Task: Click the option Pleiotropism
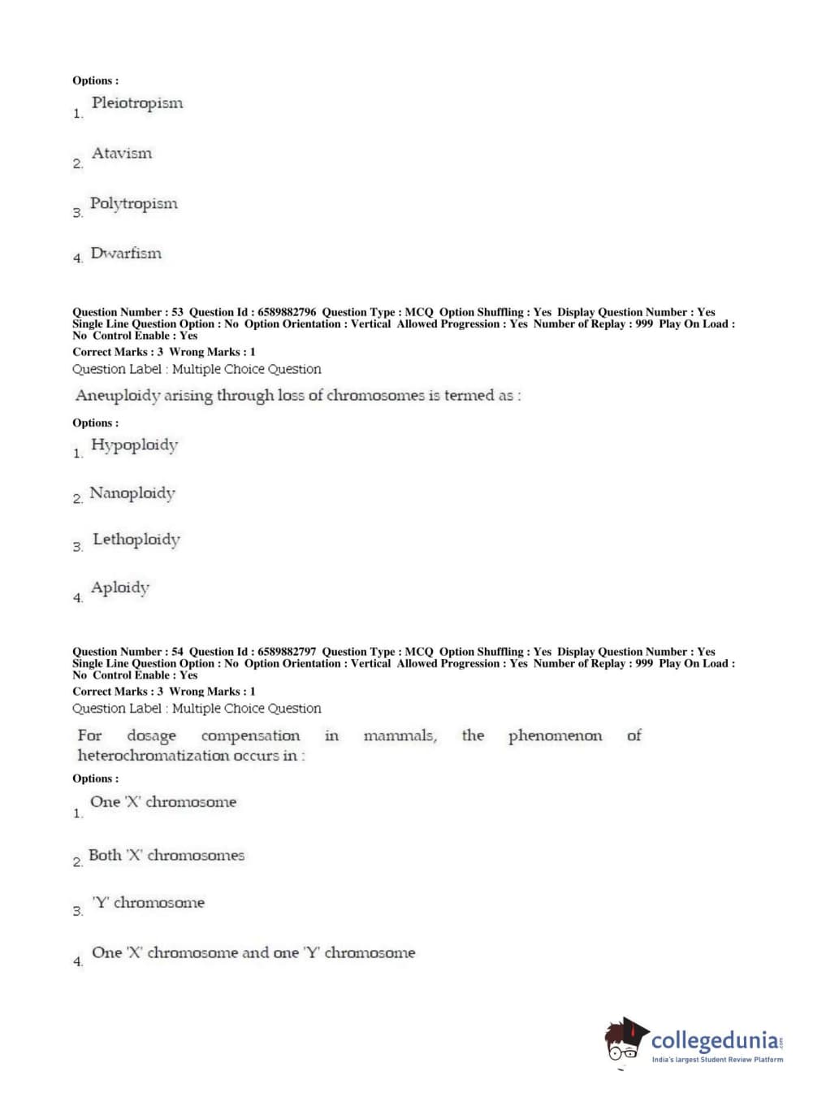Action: pos(136,103)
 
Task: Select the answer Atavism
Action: pos(122,154)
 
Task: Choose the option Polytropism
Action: pos(133,204)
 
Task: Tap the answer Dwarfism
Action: pos(126,254)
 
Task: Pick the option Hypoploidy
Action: pos(134,445)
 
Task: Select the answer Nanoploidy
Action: pos(132,493)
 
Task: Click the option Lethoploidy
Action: pos(136,540)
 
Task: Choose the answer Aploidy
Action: pos(120,588)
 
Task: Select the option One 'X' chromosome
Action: pos(163,802)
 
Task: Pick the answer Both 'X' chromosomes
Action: pos(166,856)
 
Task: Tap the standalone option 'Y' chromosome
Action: pos(149,903)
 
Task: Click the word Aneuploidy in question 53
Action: pos(118,396)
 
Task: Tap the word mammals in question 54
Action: pos(400,736)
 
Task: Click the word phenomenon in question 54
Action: pos(555,736)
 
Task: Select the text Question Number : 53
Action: pos(128,312)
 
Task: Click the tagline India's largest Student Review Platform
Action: pos(717,1060)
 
